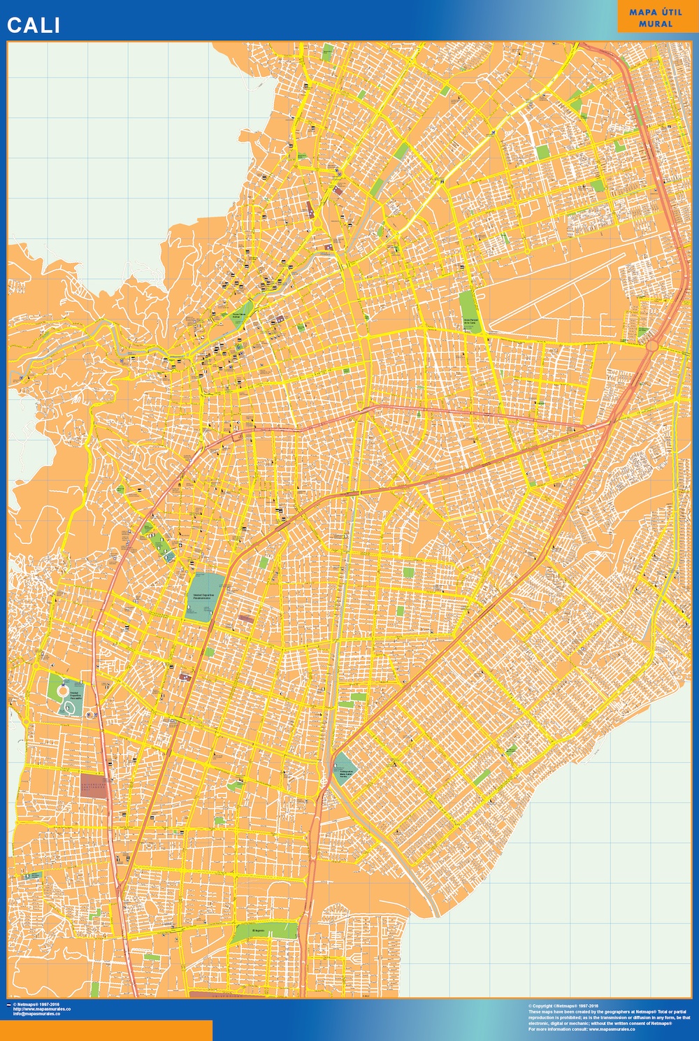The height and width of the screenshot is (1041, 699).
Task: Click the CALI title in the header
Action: tap(34, 25)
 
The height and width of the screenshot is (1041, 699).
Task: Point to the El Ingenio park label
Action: tap(259, 931)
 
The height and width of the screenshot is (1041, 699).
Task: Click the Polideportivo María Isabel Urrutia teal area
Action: tap(345, 766)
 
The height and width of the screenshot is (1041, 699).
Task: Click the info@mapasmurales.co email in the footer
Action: tap(36, 1014)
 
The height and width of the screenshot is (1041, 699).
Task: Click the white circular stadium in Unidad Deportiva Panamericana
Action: tap(63, 690)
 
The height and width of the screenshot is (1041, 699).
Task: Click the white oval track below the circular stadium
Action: tap(70, 708)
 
